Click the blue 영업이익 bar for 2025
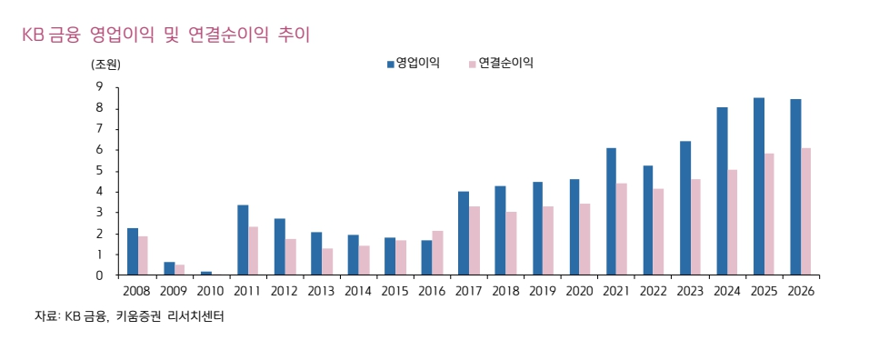759,186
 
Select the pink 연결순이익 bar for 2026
806,212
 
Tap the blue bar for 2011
243,240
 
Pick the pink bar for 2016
437,253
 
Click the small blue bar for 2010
206,273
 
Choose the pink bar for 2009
180,270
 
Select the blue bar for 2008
133,252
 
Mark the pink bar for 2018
511,244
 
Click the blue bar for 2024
722,191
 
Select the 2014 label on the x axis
358,291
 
